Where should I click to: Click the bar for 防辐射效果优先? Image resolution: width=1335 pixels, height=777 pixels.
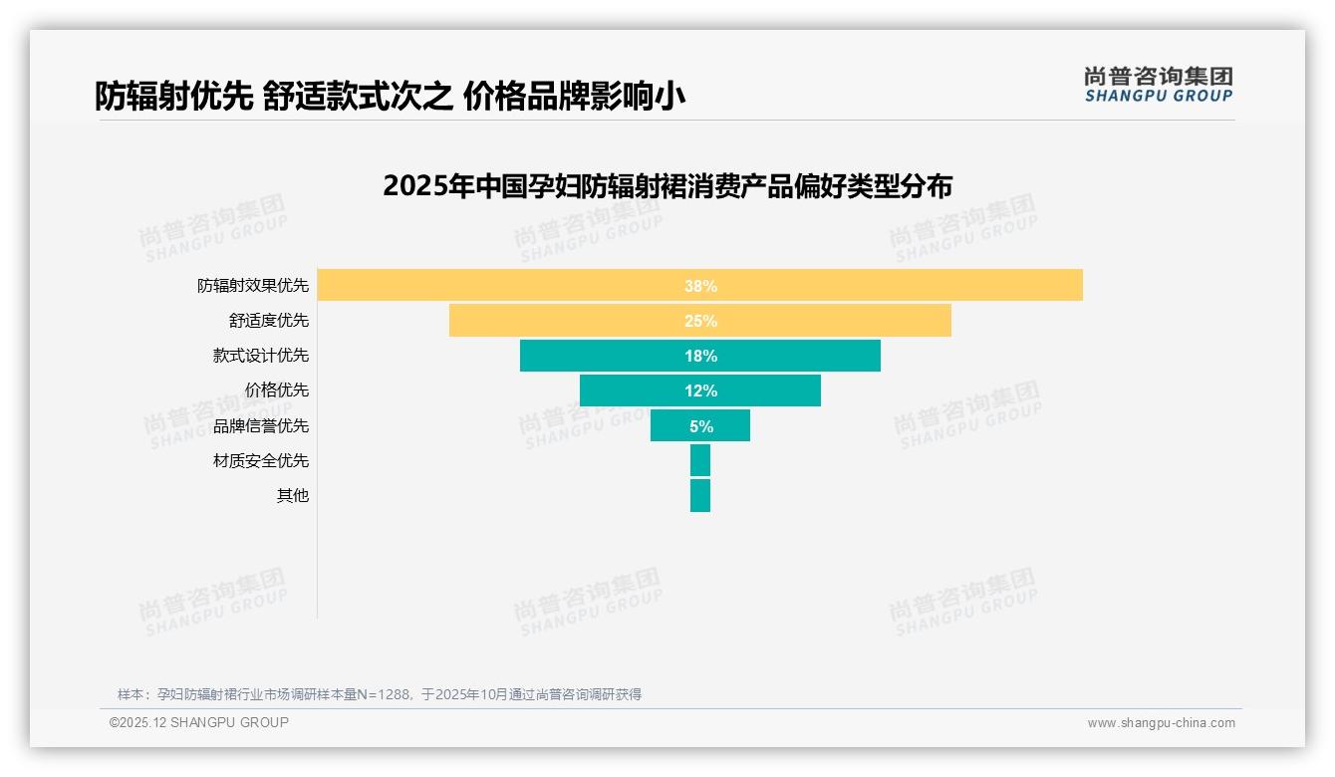coord(897,285)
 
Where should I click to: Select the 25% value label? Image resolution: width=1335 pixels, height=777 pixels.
coord(700,321)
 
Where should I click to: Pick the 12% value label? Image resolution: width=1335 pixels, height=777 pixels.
coord(700,390)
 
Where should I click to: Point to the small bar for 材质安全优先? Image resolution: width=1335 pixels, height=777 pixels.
coord(700,460)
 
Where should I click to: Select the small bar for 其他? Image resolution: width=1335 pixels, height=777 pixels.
coord(700,495)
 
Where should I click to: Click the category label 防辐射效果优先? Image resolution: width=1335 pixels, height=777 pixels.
coord(253,286)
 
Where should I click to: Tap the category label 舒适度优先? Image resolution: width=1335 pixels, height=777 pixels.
coord(269,321)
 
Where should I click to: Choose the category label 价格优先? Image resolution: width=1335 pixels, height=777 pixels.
coord(277,390)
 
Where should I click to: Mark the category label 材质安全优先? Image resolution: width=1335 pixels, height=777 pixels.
coord(261,460)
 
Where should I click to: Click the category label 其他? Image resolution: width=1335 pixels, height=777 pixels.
coord(293,495)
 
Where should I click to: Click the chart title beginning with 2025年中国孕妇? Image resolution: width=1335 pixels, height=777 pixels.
coord(667,186)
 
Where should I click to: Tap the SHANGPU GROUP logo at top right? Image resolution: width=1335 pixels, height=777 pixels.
coord(1159,85)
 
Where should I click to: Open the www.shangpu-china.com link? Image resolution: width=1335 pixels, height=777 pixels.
coord(1161,723)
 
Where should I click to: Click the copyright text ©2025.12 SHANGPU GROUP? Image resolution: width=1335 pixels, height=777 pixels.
coord(199,722)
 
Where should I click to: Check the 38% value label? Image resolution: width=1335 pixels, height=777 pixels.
coord(700,286)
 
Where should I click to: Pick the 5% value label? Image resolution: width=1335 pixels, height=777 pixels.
coord(700,426)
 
